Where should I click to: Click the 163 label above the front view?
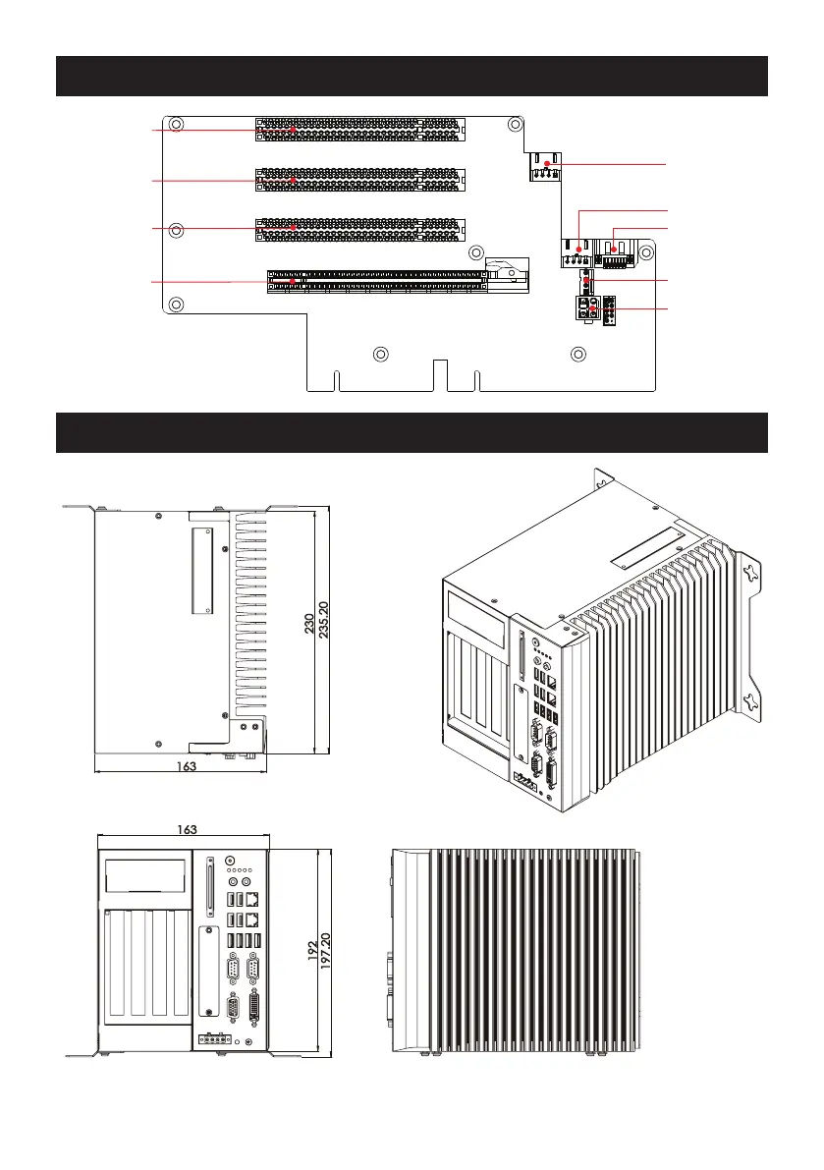[x=185, y=830]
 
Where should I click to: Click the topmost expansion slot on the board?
[x=361, y=129]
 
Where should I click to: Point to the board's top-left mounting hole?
[x=176, y=126]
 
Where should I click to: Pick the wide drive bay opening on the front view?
[x=145, y=875]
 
